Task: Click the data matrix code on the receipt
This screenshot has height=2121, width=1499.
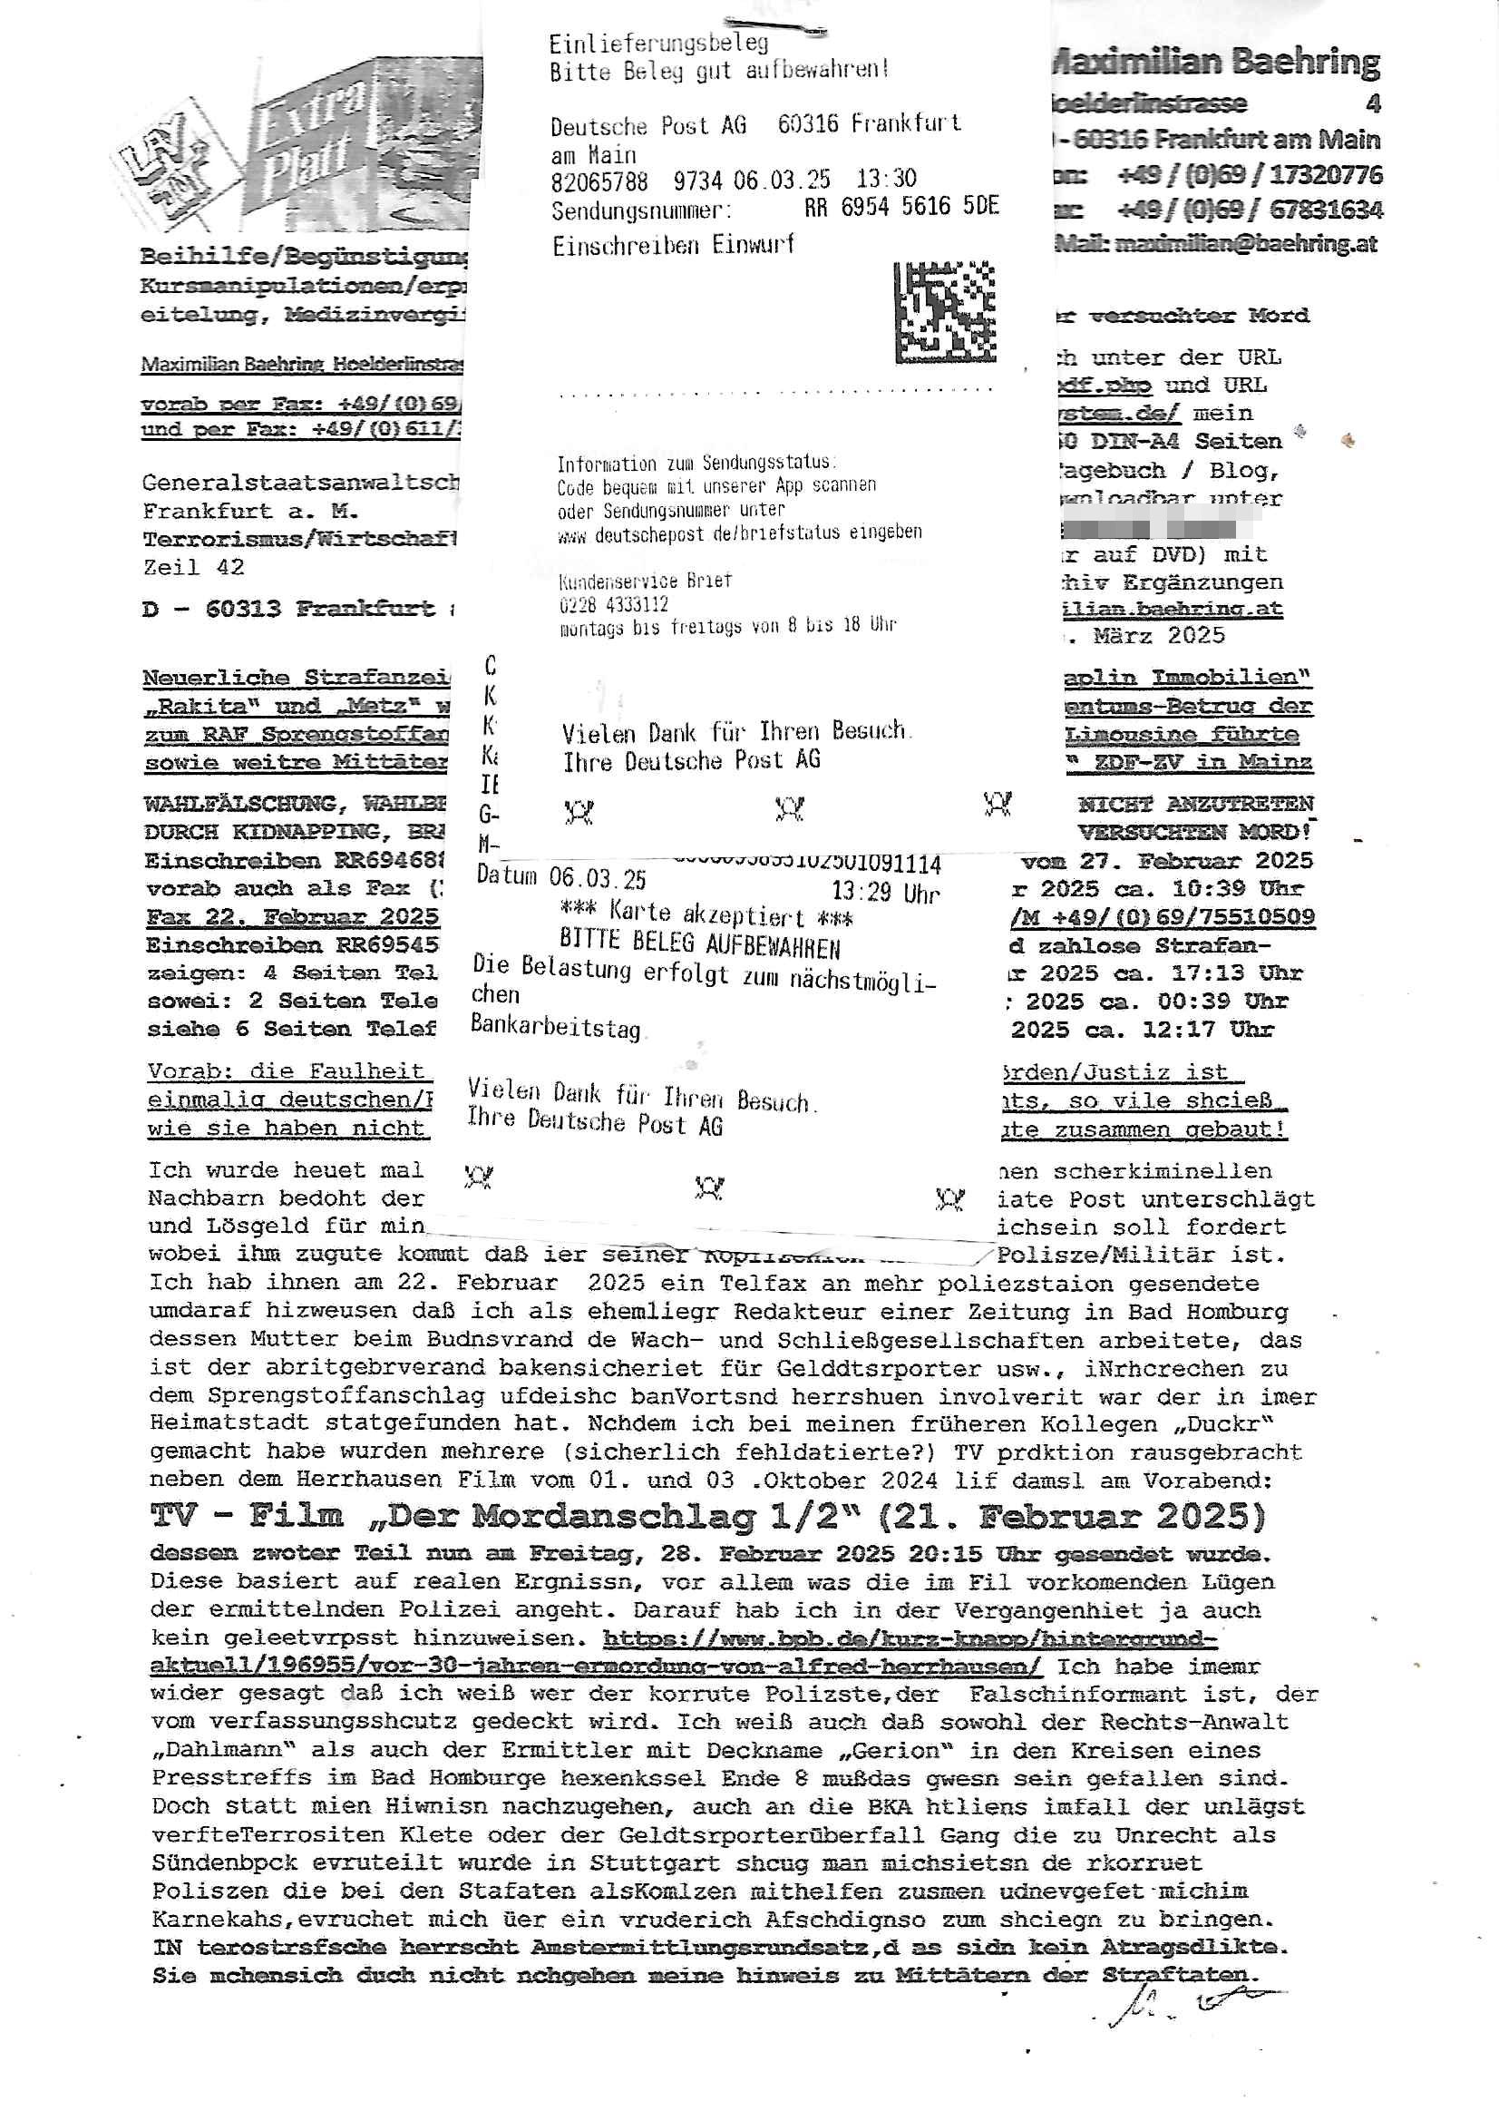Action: point(946,311)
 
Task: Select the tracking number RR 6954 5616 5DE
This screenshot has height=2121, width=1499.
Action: point(900,207)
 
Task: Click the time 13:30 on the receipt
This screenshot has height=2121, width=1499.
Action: point(886,178)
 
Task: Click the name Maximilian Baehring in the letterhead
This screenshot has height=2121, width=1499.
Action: point(1217,63)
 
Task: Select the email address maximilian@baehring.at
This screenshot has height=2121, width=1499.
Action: point(1246,243)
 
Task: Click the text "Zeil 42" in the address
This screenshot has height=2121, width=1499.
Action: point(194,567)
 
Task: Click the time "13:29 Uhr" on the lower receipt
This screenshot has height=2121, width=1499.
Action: point(884,893)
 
